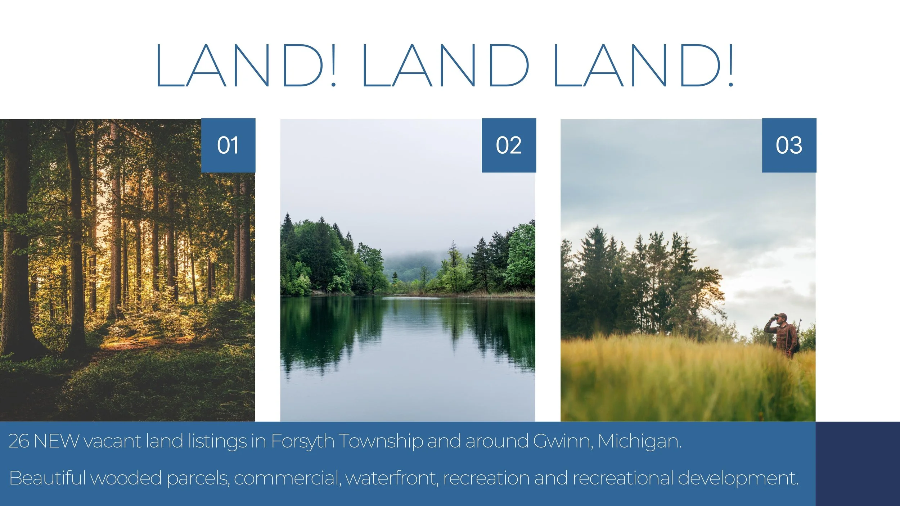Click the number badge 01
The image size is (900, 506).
tap(228, 145)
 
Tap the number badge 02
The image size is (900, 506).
tap(509, 145)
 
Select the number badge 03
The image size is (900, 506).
tap(789, 145)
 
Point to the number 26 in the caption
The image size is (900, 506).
tap(19, 441)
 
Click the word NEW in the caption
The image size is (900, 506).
tap(56, 441)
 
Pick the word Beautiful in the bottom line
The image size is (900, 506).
tap(47, 478)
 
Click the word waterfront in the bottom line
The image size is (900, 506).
tap(392, 478)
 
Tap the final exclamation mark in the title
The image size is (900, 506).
tap(731, 65)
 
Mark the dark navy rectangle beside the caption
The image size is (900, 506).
tap(858, 464)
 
